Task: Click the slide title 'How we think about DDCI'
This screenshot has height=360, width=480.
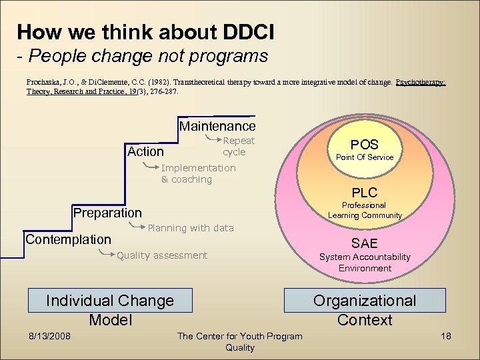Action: coord(145,31)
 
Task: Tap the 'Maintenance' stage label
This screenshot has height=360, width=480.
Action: coord(217,126)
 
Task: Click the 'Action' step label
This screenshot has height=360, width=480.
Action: coord(145,152)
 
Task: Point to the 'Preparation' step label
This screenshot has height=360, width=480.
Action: coord(107,213)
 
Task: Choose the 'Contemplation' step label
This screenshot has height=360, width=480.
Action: coord(68,239)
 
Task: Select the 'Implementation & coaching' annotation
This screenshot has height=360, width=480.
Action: coord(198,173)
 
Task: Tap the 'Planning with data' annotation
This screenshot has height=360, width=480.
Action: coord(190,228)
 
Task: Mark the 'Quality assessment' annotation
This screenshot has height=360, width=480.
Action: coord(161,255)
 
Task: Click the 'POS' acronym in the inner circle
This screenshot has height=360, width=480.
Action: coord(364,145)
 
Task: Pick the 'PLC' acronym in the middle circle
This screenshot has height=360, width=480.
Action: coord(365,193)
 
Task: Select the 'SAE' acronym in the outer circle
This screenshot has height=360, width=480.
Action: coord(365,244)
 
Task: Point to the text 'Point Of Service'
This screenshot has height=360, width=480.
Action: coord(364,157)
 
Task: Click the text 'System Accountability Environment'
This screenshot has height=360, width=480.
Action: coord(365,262)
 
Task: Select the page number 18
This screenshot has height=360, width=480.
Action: coord(445,336)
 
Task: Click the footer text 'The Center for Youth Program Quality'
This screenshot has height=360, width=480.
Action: coord(239,341)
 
